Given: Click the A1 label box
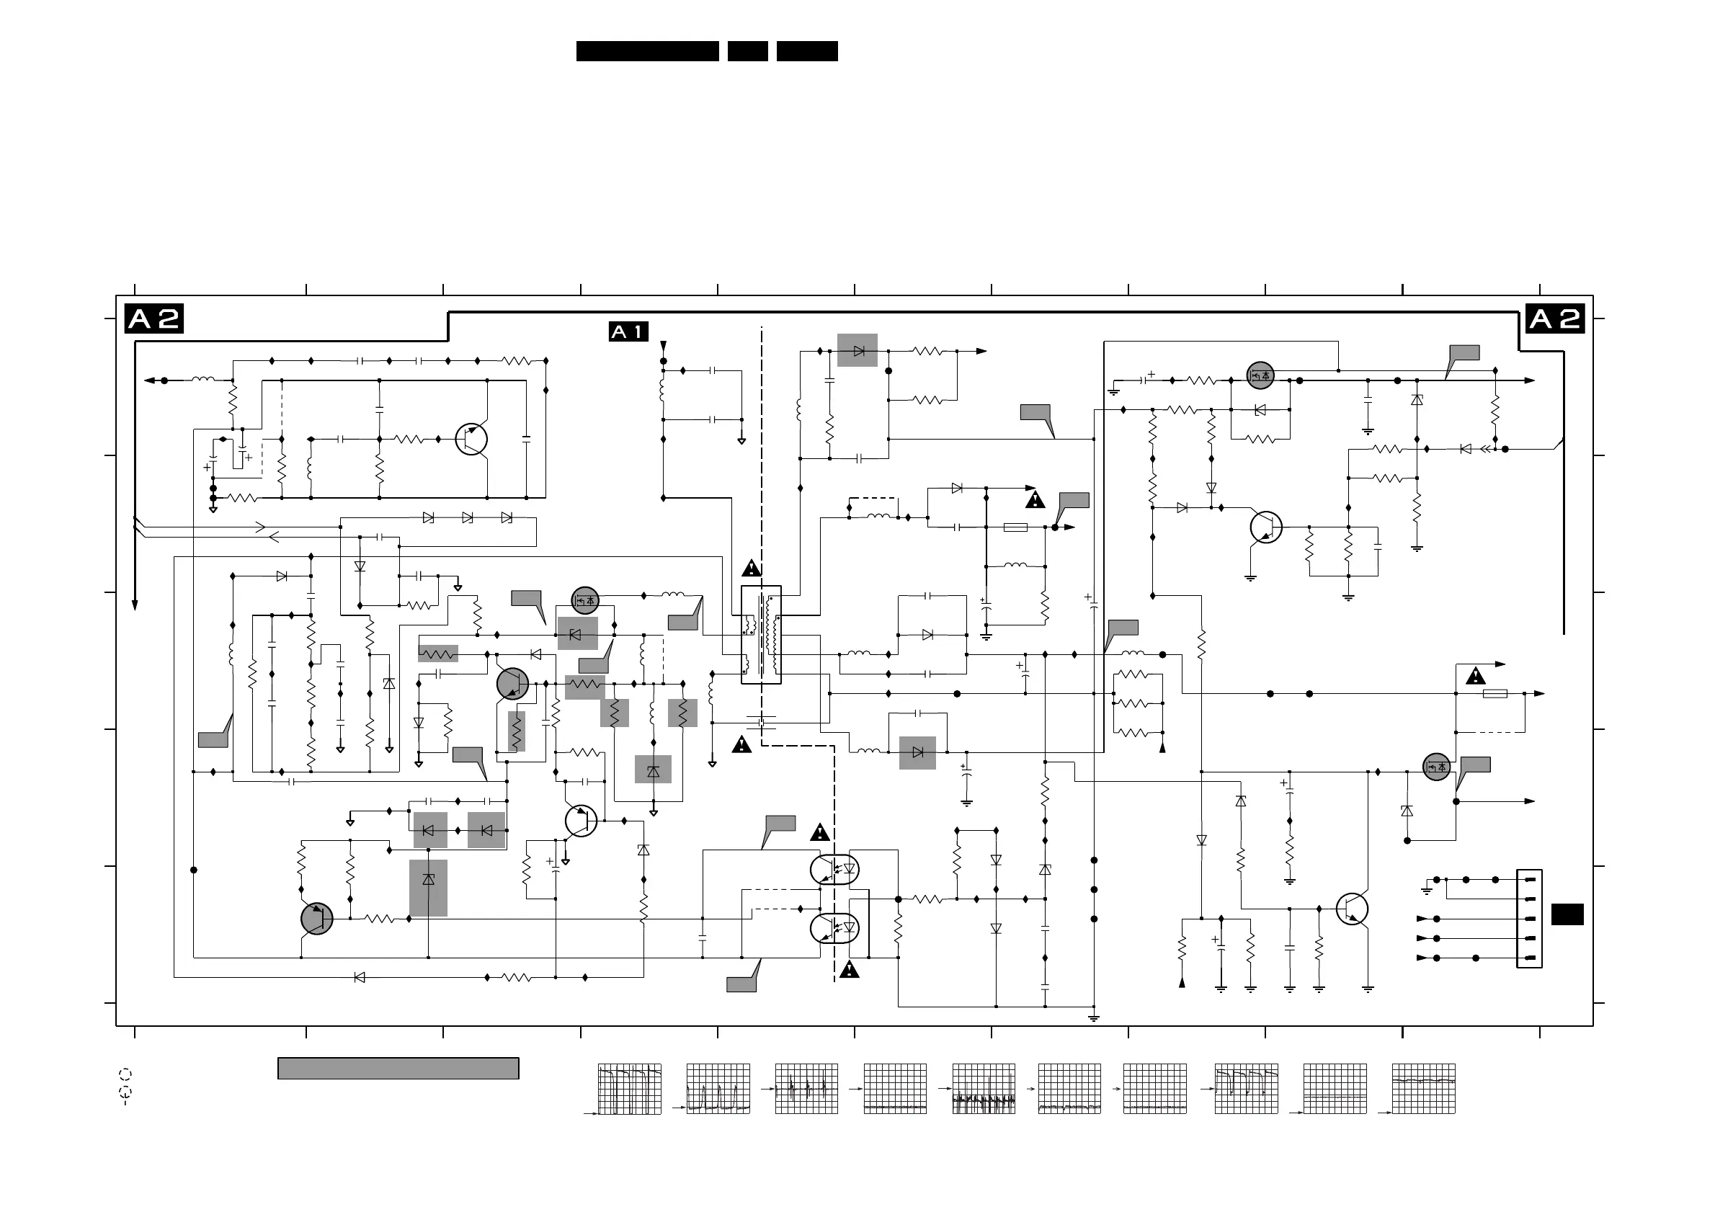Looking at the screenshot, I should (x=628, y=331).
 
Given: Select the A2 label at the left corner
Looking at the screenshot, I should (x=154, y=320).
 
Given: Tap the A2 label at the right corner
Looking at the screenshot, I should (x=1554, y=320).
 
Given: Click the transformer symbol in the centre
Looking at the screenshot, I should (x=761, y=635).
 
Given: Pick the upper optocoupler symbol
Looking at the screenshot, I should (x=834, y=869).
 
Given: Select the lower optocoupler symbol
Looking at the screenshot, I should (x=834, y=928).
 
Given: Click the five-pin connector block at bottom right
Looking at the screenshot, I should (x=1529, y=919).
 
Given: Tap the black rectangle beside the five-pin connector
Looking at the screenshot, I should (x=1567, y=915).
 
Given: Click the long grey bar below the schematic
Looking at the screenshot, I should (x=398, y=1068).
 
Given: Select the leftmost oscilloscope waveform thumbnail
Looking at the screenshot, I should (x=629, y=1089).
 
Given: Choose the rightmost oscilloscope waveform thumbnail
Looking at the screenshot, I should (x=1424, y=1089).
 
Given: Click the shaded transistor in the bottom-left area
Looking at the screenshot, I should (x=317, y=919).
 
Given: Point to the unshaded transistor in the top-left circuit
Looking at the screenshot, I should (x=471, y=439).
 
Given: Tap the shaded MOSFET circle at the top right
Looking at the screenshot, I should (x=1260, y=375).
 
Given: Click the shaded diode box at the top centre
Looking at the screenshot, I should (x=857, y=350).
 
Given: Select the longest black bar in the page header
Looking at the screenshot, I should (x=647, y=50).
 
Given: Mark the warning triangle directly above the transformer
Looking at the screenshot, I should (x=752, y=569).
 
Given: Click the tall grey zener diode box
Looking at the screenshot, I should (x=428, y=888).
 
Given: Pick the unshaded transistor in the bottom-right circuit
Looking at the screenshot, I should (x=1352, y=909).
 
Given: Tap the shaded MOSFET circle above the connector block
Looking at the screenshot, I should (x=1435, y=767).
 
